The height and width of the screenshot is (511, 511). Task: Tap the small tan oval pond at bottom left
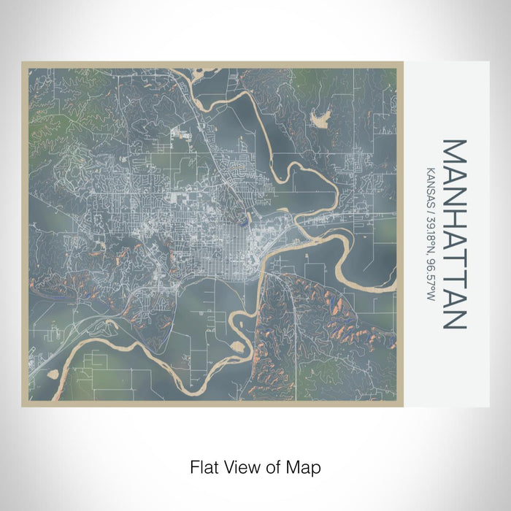53,373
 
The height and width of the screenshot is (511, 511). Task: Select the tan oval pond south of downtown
237,344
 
